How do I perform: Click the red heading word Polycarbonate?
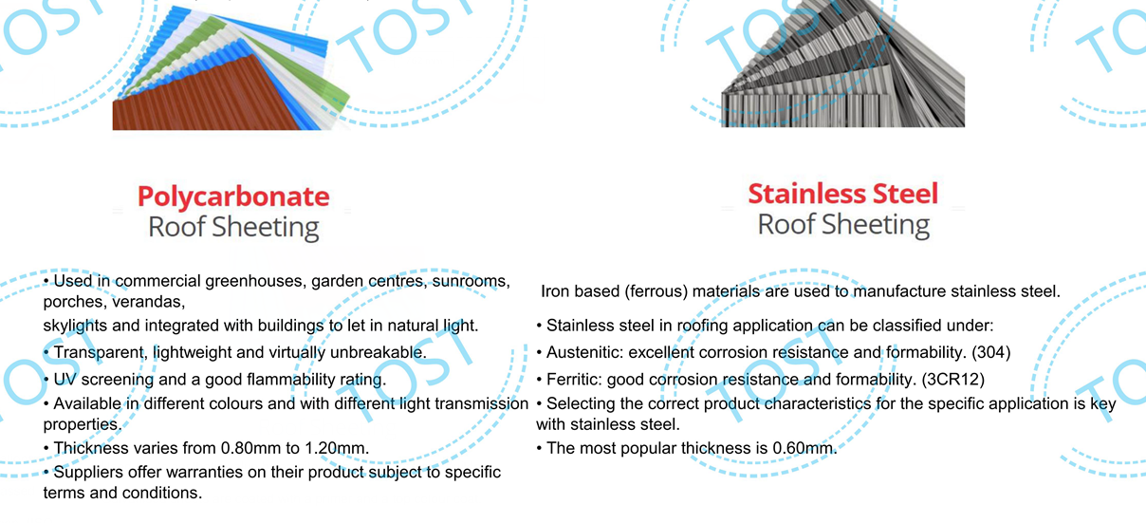pos(233,197)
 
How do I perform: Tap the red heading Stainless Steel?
pos(843,194)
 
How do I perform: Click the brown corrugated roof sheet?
pos(205,97)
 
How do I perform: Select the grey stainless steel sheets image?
pos(843,64)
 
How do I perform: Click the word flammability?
pos(284,380)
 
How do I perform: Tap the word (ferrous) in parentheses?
pos(656,291)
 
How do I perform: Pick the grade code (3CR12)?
pos(953,380)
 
